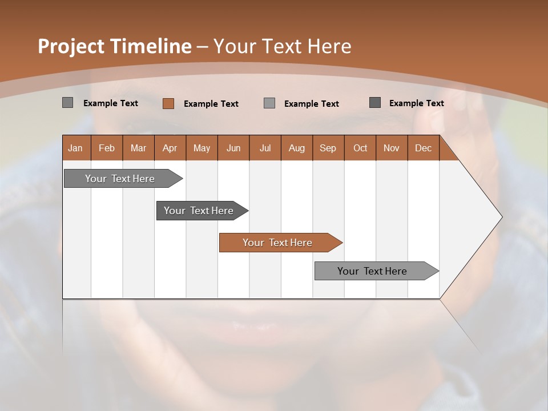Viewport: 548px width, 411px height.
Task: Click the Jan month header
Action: [x=75, y=148]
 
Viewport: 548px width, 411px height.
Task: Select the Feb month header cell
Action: [x=107, y=148]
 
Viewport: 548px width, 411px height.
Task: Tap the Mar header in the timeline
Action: [x=138, y=148]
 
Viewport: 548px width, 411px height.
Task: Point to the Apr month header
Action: [x=170, y=148]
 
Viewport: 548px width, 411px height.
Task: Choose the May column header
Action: [x=202, y=148]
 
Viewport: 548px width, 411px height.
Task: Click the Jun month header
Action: [x=233, y=148]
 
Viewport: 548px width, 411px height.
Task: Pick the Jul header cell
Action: [x=265, y=148]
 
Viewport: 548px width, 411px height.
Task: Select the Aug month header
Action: [x=296, y=148]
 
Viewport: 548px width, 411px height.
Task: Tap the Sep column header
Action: [x=328, y=148]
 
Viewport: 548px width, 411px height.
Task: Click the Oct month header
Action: [x=360, y=148]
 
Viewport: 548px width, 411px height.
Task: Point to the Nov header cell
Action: [x=392, y=148]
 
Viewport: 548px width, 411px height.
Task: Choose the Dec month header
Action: [x=423, y=148]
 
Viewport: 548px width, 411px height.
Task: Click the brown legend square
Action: [x=168, y=103]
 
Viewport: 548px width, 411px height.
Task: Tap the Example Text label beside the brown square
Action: [x=211, y=104]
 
